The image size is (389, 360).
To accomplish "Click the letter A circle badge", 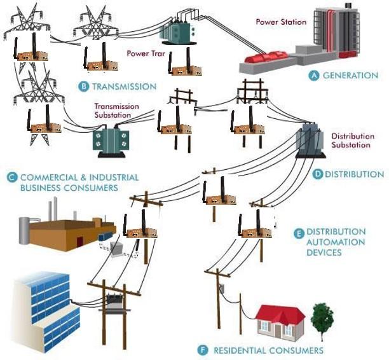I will (313, 75).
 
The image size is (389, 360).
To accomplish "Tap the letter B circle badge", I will (83, 86).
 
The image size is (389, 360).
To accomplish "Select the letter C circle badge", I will (11, 177).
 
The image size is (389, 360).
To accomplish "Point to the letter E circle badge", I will (298, 233).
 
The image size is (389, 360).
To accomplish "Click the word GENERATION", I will (350, 75).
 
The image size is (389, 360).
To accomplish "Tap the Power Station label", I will (281, 22).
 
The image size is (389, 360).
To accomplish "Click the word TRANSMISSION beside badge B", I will (124, 86).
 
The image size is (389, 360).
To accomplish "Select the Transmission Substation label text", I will (113, 111).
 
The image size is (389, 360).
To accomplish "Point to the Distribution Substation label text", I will (350, 141).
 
